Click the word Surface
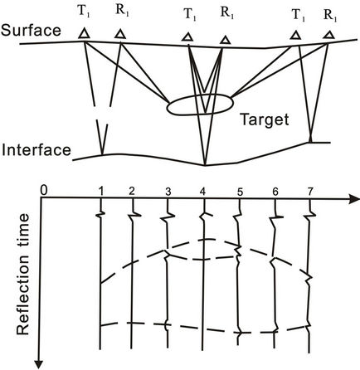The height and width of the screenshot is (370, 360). (x=31, y=31)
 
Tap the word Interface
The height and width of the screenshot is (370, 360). (x=36, y=149)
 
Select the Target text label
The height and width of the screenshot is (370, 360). (x=265, y=120)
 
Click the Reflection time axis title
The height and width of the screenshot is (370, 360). (x=22, y=274)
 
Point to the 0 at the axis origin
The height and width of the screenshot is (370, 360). (x=44, y=191)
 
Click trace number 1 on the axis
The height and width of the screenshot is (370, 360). (x=101, y=191)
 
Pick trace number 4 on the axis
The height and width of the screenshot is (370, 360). (x=203, y=192)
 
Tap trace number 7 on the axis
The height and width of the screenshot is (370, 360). (x=310, y=192)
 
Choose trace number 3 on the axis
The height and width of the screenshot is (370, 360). (x=168, y=192)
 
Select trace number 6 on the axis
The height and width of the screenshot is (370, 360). (x=275, y=192)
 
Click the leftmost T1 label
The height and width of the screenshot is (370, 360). (x=85, y=14)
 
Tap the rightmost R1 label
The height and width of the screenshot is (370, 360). (x=330, y=16)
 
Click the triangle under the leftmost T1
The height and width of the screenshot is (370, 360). (x=84, y=34)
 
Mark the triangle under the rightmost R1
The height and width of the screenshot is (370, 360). (x=329, y=35)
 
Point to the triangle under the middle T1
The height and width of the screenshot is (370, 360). (x=187, y=37)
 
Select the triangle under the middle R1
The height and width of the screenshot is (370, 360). (x=226, y=40)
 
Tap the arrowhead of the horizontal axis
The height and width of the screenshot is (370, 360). (x=354, y=199)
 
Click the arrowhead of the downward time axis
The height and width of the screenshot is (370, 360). (x=41, y=364)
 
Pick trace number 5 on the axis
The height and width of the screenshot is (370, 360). (x=240, y=192)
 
